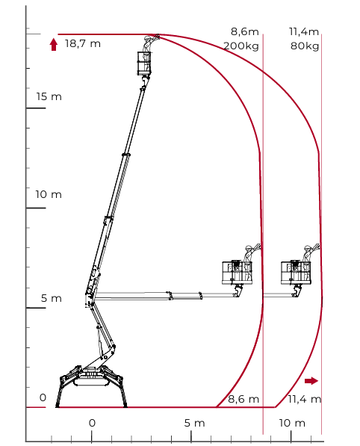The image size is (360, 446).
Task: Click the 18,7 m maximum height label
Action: [83, 44]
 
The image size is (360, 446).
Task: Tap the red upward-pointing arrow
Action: [54, 45]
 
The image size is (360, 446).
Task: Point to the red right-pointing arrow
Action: [311, 380]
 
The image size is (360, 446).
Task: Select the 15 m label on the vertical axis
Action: [49, 96]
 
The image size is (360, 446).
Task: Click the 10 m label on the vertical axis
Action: [49, 194]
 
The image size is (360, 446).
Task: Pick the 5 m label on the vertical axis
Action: [52, 298]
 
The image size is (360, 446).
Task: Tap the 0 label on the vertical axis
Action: [43, 397]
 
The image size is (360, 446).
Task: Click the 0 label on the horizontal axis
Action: [92, 423]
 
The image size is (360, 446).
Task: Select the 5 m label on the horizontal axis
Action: [194, 423]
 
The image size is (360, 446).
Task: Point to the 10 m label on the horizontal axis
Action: [292, 423]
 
